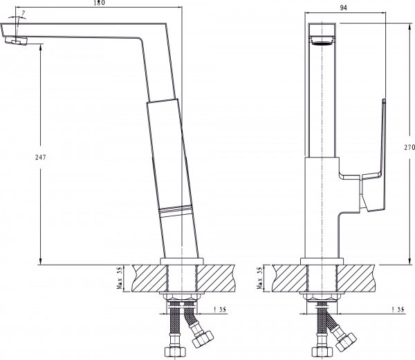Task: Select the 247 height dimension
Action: click(39, 158)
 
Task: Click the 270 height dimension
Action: click(409, 147)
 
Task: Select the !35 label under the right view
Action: click(396, 310)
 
